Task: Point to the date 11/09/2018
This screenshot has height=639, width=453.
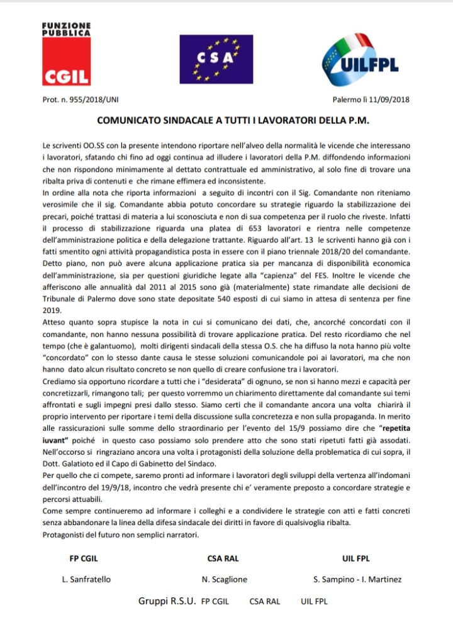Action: (x=388, y=100)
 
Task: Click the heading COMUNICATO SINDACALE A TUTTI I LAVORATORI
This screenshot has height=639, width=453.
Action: (x=227, y=118)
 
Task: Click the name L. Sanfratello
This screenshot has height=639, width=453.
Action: (x=88, y=579)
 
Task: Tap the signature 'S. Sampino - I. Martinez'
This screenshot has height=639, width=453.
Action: (x=357, y=579)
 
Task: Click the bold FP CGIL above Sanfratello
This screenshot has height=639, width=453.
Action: (x=83, y=558)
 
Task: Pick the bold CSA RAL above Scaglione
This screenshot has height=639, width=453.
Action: (x=223, y=558)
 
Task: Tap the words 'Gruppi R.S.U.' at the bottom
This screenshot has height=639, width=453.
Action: (x=167, y=601)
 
